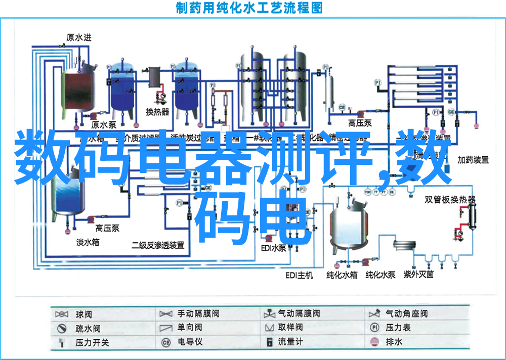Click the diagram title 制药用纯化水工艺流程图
point(249,8)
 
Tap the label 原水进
point(79,37)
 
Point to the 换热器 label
point(157,112)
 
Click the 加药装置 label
point(473,160)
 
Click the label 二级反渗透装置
point(158,245)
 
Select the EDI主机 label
point(299,276)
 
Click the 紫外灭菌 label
point(418,275)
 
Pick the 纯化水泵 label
point(381,275)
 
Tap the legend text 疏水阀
point(88,328)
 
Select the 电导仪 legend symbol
point(165,342)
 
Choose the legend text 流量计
point(290,342)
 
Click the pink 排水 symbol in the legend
point(374,342)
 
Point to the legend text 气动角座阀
point(406,314)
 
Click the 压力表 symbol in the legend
point(374,328)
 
